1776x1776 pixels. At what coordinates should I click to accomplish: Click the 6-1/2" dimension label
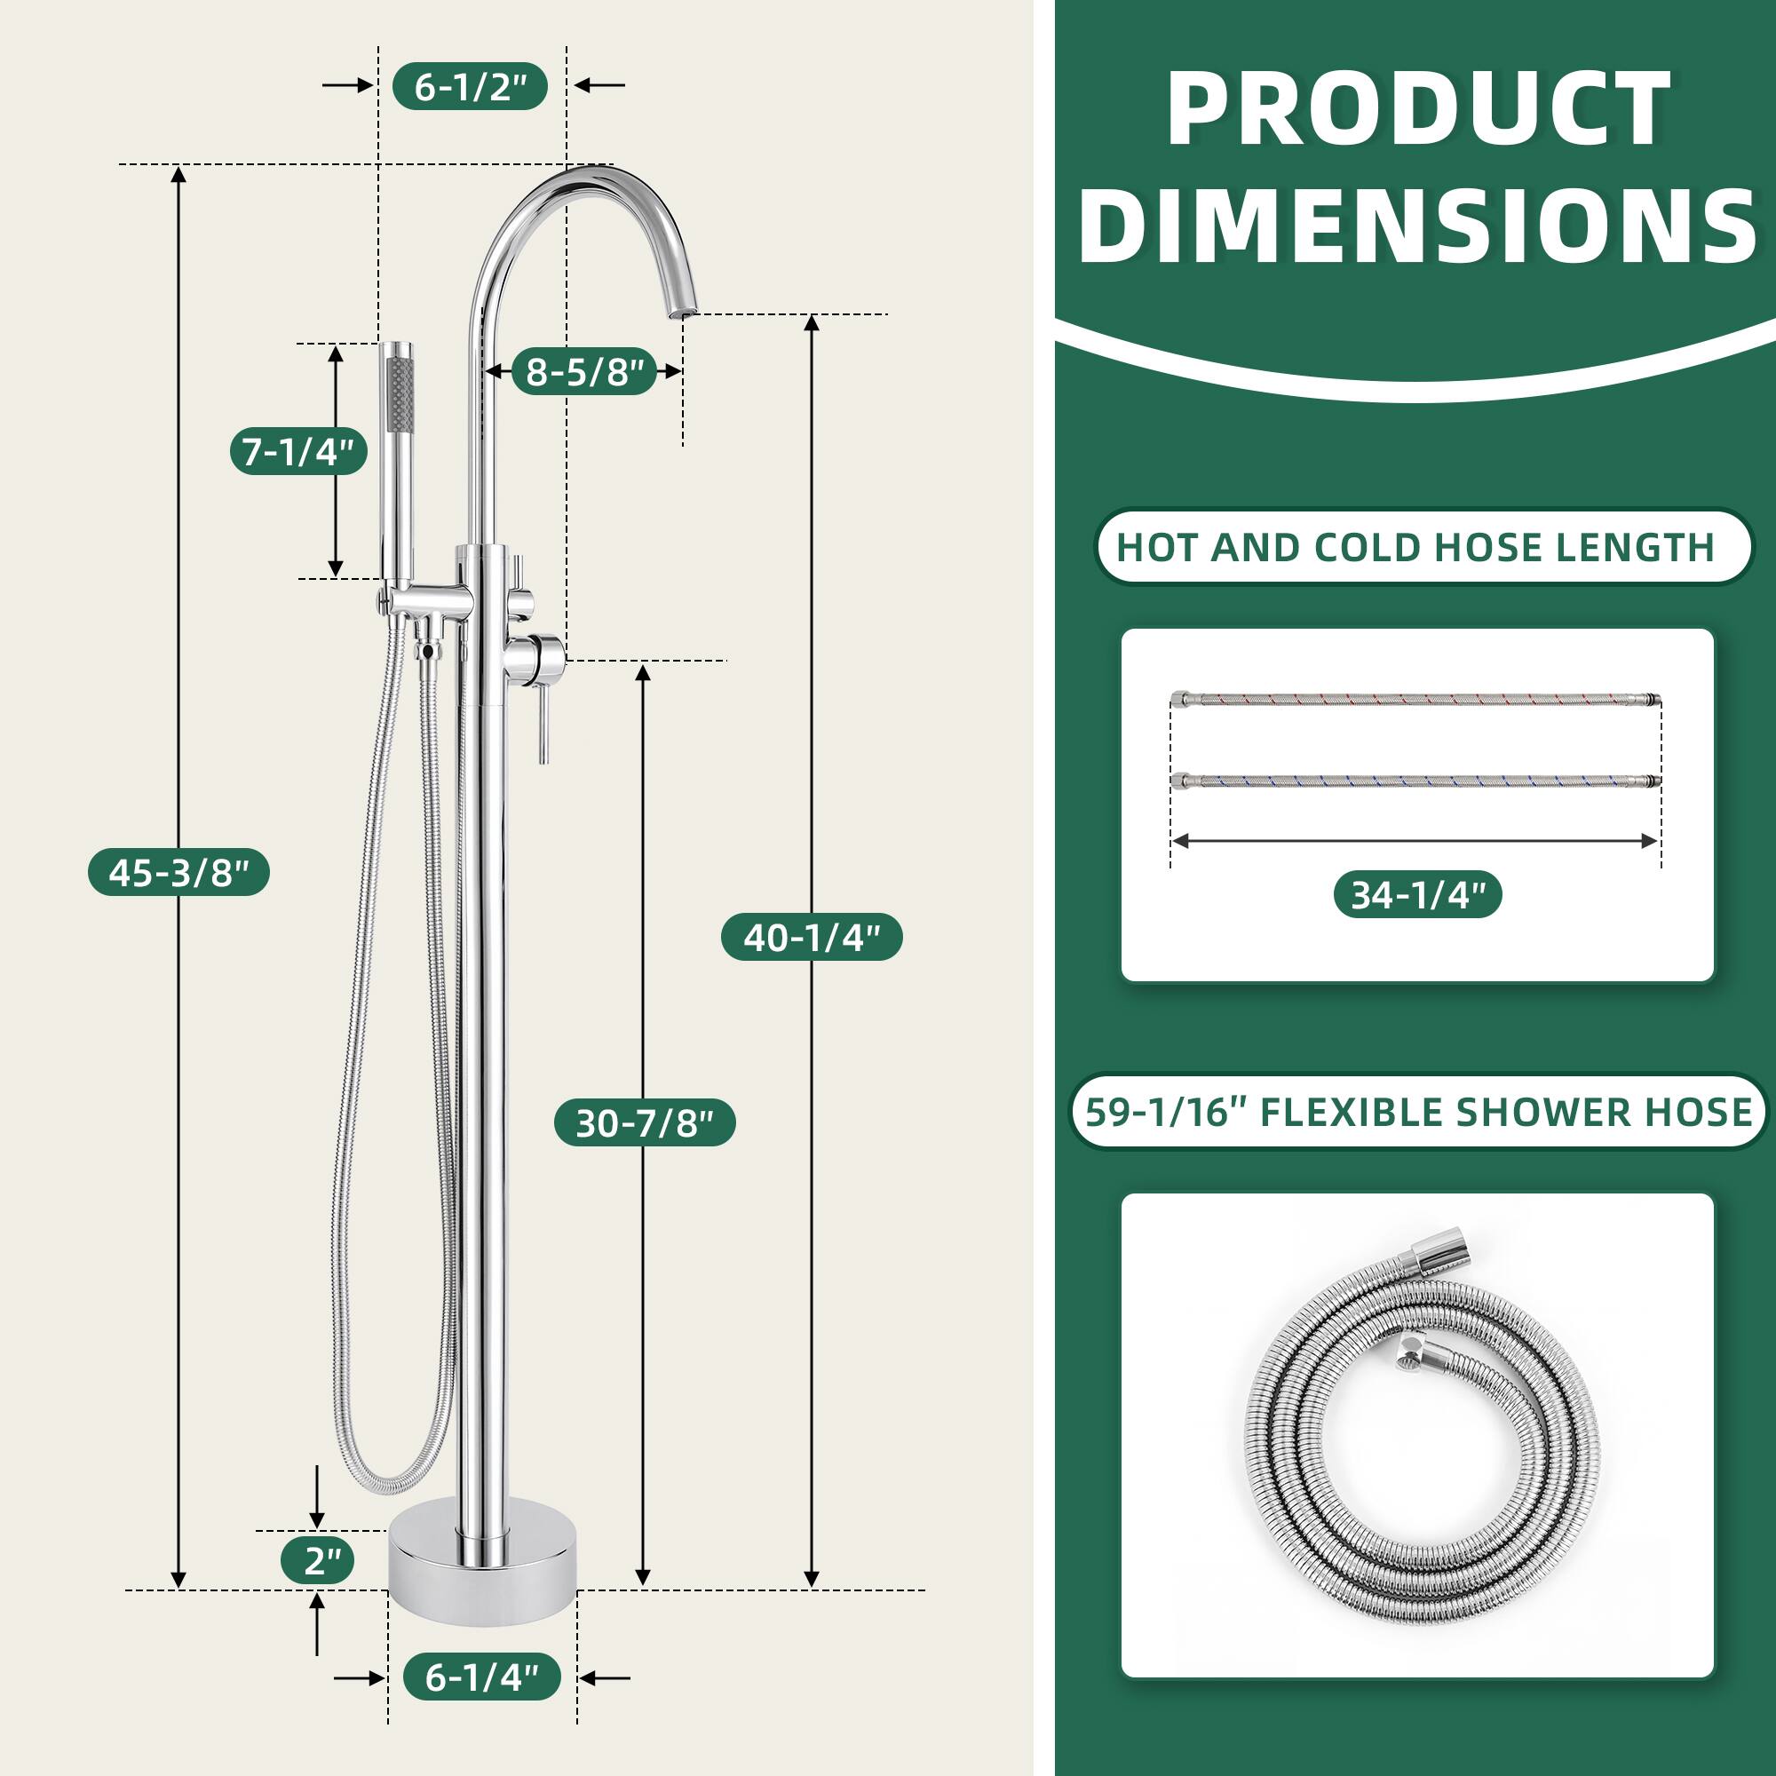[x=470, y=86]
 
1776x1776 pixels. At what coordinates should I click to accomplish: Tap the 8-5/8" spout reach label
[x=583, y=371]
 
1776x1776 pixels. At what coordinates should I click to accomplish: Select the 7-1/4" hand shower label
[x=297, y=451]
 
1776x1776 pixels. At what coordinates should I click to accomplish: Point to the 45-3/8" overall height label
[x=178, y=871]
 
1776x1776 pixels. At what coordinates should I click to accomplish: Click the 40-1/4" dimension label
[x=811, y=937]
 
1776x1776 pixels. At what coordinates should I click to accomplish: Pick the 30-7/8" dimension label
[x=645, y=1122]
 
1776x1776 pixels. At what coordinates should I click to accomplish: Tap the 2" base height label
[x=317, y=1560]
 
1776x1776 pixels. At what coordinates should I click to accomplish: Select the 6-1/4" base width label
[x=481, y=1677]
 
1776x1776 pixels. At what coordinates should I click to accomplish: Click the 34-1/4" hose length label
[x=1417, y=894]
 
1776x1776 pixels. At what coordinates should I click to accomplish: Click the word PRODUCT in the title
[x=1416, y=110]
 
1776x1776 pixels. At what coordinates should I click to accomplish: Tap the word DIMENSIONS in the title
[x=1416, y=226]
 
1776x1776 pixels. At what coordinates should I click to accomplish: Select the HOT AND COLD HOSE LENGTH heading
[x=1415, y=547]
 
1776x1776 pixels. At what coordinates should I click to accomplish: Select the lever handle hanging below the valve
[x=543, y=726]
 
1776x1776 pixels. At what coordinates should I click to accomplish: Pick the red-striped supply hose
[x=1415, y=701]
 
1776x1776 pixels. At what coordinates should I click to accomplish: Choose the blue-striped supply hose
[x=1415, y=781]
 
